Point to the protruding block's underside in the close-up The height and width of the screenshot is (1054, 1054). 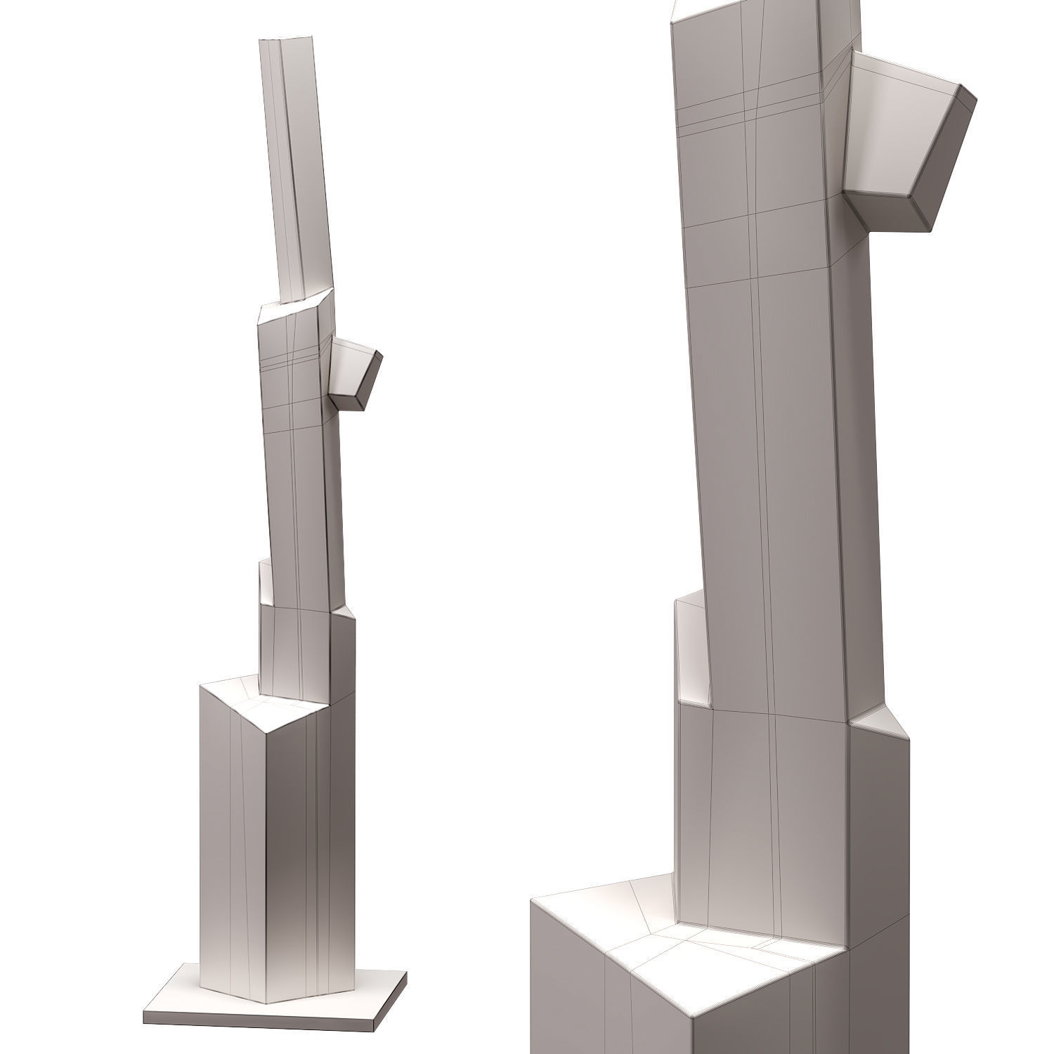click(x=889, y=214)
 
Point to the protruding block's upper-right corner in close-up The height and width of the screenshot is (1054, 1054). click(x=974, y=95)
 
